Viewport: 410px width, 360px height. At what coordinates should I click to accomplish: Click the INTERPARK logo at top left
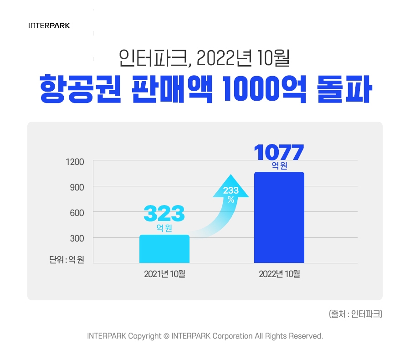[x=49, y=26]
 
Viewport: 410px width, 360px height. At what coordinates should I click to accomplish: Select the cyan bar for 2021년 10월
[x=164, y=249]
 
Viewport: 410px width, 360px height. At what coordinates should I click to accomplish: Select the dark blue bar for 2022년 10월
[x=279, y=218]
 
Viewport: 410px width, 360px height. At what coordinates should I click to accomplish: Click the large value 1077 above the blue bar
[x=279, y=152]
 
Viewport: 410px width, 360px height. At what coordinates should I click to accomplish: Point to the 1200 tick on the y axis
[x=76, y=162]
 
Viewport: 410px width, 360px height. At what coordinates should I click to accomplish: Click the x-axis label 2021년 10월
[x=164, y=274]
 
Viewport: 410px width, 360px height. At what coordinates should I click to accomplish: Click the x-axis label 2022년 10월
[x=279, y=274]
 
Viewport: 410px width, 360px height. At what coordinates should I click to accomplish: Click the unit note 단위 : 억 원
[x=67, y=260]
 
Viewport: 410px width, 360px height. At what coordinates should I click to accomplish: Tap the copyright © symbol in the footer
[x=166, y=336]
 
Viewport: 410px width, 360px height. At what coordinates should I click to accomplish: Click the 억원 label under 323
[x=164, y=228]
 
